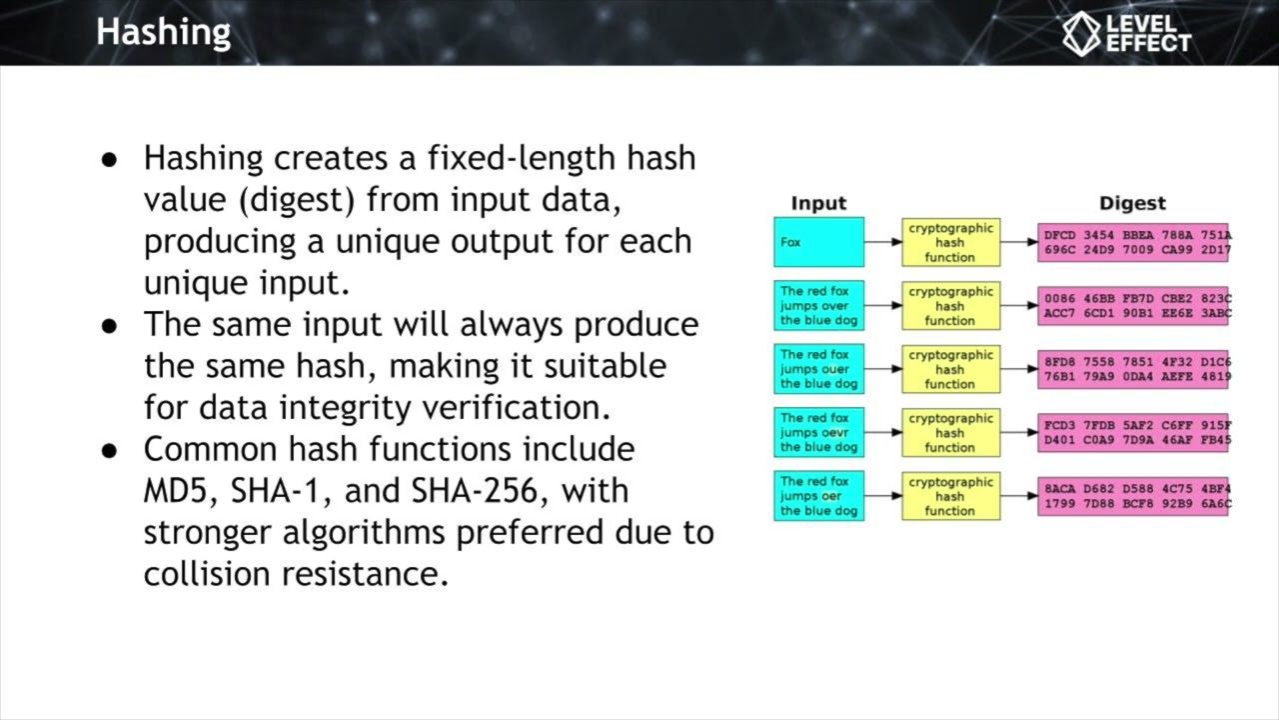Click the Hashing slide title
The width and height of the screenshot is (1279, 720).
tap(163, 32)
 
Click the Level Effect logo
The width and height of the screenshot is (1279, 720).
tap(1126, 33)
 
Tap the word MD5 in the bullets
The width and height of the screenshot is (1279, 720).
tap(182, 491)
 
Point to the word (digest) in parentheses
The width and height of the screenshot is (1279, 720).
tap(297, 200)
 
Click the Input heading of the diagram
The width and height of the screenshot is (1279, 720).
tap(818, 203)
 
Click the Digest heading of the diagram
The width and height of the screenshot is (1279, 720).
tap(1132, 203)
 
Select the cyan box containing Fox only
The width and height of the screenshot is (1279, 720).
tap(818, 242)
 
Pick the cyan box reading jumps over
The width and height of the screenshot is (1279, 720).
tap(818, 306)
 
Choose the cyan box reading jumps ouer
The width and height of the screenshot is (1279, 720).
tap(818, 369)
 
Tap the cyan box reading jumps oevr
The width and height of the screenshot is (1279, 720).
tap(818, 432)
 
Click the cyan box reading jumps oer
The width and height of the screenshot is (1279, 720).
tap(818, 496)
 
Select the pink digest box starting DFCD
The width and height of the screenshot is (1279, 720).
tap(1133, 243)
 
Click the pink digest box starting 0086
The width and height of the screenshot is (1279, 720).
tap(1133, 306)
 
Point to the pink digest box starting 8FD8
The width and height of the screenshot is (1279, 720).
tap(1133, 369)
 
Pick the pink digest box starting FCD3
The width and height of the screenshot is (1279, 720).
tap(1133, 432)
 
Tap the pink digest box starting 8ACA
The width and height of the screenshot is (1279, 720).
tap(1133, 496)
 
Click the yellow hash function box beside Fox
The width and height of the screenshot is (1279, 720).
tap(950, 242)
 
